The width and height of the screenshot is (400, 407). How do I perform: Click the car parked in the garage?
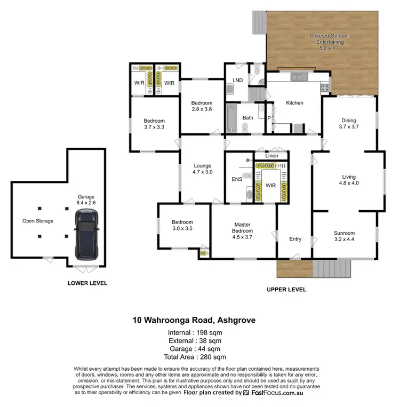click(86, 233)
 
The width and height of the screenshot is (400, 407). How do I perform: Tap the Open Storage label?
click(37, 221)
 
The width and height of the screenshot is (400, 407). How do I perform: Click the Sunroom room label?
click(344, 236)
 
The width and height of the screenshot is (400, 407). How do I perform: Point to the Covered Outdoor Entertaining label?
click(327, 42)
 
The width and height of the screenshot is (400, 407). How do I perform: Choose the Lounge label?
click(202, 169)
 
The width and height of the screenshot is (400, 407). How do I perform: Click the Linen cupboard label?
click(271, 156)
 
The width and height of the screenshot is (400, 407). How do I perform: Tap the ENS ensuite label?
click(237, 179)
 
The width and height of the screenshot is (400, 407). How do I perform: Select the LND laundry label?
click(238, 81)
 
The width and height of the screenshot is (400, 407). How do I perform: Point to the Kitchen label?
click(294, 103)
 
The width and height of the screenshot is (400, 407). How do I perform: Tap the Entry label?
click(295, 239)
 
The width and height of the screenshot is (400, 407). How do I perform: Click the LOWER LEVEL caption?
click(87, 283)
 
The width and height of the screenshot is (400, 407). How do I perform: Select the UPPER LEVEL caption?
click(286, 290)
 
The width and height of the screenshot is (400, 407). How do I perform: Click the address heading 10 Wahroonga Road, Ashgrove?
click(194, 321)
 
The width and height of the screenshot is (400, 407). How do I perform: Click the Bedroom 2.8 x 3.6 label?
click(202, 106)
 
